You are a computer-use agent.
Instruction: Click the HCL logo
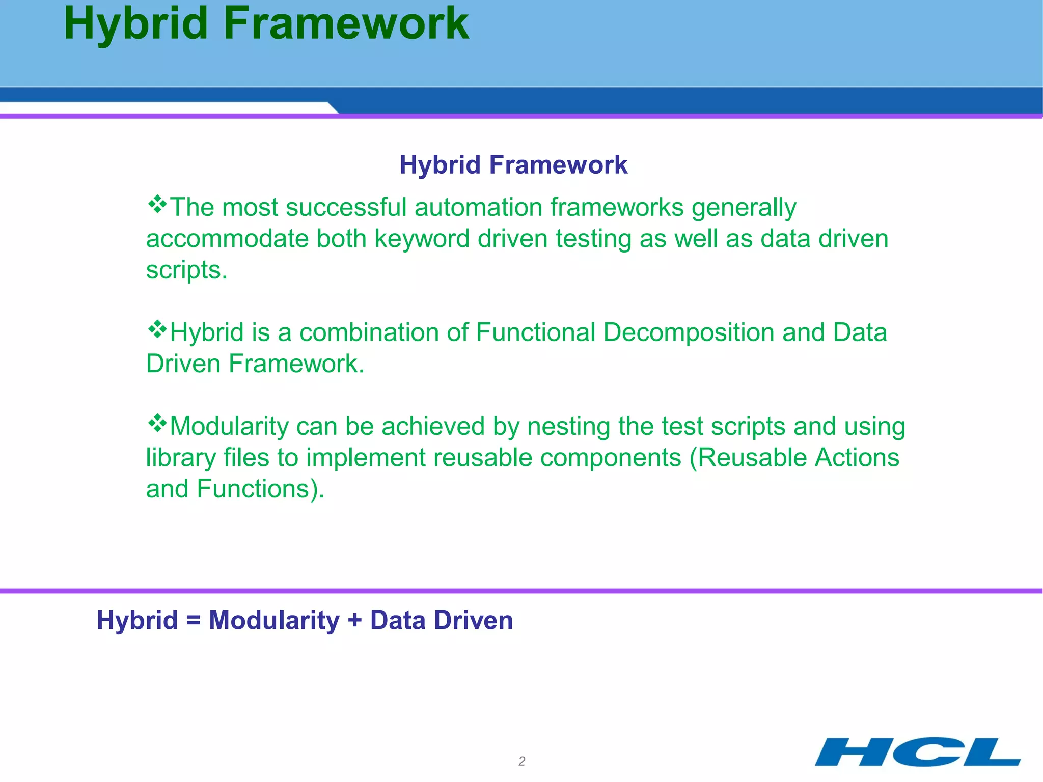click(x=917, y=751)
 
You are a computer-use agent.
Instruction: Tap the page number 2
click(x=521, y=761)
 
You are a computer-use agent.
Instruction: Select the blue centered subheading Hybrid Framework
click(x=513, y=165)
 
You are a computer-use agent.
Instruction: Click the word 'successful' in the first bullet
click(x=346, y=207)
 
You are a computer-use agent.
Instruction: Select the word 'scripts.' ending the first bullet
click(x=186, y=270)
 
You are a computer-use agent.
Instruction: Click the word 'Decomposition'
click(x=689, y=333)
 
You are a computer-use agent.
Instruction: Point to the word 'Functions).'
click(x=260, y=489)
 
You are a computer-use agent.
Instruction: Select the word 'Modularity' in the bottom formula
click(x=274, y=621)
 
